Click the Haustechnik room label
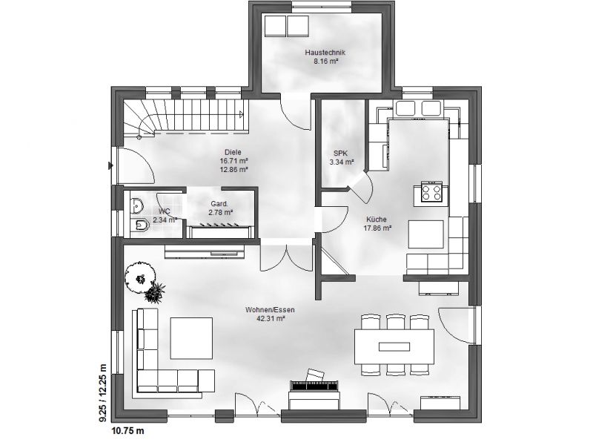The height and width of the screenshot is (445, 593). (325, 53)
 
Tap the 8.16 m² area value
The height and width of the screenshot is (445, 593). (325, 61)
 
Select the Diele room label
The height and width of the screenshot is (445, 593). (233, 153)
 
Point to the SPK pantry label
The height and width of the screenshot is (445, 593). (340, 154)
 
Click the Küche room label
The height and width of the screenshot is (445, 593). (377, 220)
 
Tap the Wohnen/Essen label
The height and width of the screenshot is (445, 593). (270, 310)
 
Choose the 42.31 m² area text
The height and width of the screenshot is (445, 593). (271, 319)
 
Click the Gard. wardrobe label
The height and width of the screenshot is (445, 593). (219, 205)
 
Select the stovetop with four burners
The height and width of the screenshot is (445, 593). (432, 191)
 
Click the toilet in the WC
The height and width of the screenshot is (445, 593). (142, 226)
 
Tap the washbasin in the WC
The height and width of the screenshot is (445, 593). (136, 206)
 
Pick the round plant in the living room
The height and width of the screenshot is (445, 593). (140, 276)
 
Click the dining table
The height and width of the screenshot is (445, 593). (394, 346)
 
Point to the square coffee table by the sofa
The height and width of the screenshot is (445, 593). (191, 338)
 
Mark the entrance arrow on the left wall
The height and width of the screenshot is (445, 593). (110, 165)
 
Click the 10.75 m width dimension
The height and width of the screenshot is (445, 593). (127, 431)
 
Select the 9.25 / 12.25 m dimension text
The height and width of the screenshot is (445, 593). (103, 393)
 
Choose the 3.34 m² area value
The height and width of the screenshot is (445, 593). (342, 162)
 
